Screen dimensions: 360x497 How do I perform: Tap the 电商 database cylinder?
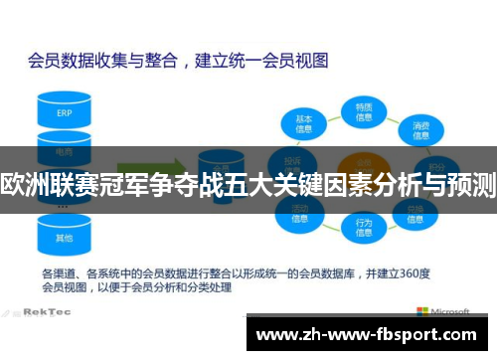(x=65, y=151)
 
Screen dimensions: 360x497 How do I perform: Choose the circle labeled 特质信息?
(x=364, y=110)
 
